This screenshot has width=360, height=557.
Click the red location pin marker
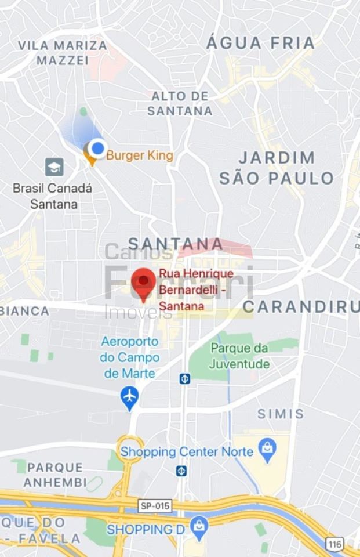pos(143,282)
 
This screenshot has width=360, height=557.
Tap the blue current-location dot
pos(98,149)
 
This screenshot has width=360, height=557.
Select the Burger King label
pos(140,156)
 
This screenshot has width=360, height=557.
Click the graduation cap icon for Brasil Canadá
pos(54,167)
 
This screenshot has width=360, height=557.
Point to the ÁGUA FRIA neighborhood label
pos(260,43)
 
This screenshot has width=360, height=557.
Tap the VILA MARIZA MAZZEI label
pos(63,53)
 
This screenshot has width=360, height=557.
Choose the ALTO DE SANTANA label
pos(180,103)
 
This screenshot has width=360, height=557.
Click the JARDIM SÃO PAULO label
pos(277,168)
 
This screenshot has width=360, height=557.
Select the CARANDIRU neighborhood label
pos(300,306)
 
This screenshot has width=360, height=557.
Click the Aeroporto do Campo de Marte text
pos(130,357)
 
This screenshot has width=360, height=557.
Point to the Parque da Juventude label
pos(239,356)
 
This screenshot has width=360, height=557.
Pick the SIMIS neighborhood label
pos(281,414)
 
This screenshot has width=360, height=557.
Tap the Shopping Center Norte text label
pos(187,451)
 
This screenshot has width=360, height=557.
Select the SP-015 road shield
pos(155,506)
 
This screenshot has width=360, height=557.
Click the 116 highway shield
pos(334,544)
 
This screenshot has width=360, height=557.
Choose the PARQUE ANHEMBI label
pos(55,475)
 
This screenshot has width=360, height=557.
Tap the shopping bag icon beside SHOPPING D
pos(199,527)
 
